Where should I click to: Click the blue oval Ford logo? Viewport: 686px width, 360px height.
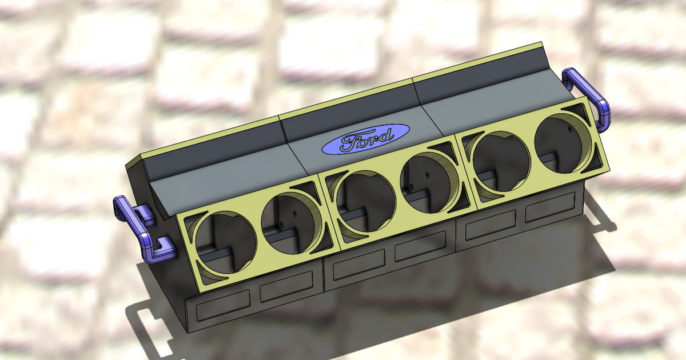(x=366, y=139)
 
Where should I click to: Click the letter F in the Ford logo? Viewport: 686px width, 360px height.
(x=348, y=142)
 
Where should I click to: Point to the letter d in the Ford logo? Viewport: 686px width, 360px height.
(x=386, y=135)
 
